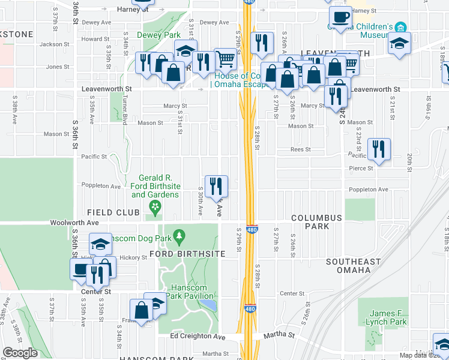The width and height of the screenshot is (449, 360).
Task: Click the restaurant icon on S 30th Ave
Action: click(215, 185)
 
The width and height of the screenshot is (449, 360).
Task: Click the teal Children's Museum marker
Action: click(400, 28)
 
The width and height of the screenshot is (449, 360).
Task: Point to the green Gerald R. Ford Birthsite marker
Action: click(155, 208)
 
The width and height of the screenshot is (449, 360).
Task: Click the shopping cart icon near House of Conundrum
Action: click(225, 59)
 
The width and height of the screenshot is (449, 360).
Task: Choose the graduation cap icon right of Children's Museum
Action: click(399, 43)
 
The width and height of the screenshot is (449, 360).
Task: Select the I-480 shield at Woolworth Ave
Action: click(252, 229)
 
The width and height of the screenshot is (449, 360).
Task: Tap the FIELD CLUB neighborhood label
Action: click(113, 212)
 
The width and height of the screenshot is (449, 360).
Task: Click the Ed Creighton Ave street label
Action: click(197, 337)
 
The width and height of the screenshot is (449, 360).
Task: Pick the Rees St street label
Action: click(300, 149)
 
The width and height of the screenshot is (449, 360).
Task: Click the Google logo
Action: click(20, 353)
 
